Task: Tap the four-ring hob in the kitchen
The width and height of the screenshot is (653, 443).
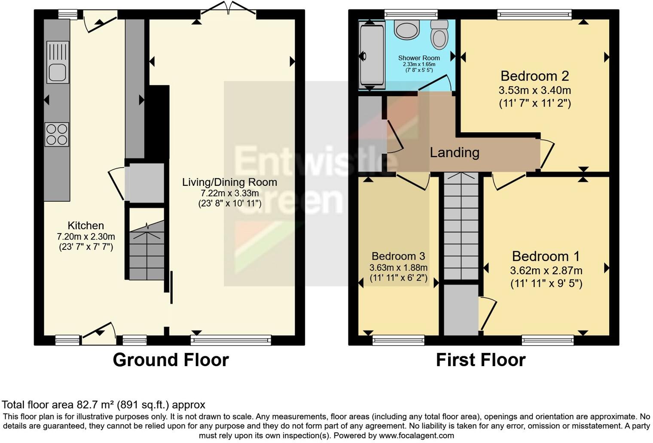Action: point(57,134)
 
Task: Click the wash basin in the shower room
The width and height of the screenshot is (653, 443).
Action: point(406,30)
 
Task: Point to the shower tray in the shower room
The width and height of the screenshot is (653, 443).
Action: point(372,55)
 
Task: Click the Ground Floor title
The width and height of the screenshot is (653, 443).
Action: point(171,360)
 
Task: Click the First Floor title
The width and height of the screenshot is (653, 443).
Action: point(480,360)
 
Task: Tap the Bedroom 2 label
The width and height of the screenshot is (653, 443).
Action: point(534,76)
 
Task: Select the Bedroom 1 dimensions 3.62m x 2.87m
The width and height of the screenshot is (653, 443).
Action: point(546,270)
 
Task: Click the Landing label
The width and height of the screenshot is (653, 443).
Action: point(455,152)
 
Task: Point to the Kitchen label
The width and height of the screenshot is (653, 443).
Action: point(85,225)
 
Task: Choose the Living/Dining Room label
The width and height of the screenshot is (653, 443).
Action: point(229,182)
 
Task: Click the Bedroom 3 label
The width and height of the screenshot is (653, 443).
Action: point(398,256)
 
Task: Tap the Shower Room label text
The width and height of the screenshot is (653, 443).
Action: point(419,58)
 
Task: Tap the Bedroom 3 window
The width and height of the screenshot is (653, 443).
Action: point(398,340)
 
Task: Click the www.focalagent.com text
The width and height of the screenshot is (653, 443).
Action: point(416,435)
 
